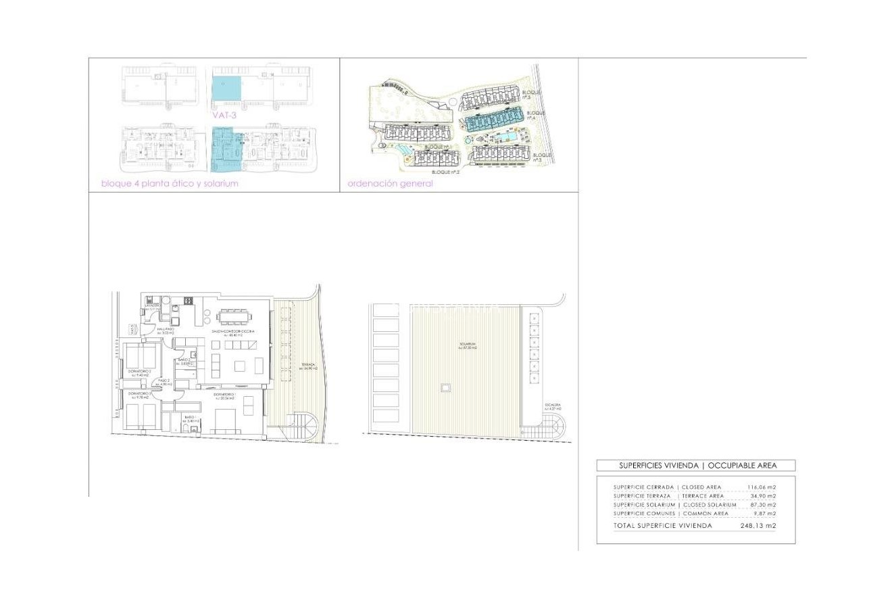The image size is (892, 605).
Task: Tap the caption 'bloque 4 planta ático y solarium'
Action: (170, 183)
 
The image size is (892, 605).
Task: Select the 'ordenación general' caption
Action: (390, 183)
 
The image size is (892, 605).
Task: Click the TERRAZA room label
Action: (308, 366)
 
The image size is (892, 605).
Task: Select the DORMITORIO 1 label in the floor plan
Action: (224, 395)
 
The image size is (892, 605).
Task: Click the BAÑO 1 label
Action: (190, 418)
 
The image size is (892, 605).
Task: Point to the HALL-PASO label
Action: (166, 331)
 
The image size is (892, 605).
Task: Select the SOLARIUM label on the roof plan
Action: (465, 347)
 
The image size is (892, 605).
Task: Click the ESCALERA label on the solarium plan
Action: (553, 407)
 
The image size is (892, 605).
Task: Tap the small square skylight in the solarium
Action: (445, 388)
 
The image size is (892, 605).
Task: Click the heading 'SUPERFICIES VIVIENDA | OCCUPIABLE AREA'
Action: (695, 465)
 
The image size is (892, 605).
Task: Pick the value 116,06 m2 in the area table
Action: (762, 487)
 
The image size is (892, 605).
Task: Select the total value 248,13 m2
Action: (758, 525)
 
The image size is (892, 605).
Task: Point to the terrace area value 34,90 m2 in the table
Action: (763, 495)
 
